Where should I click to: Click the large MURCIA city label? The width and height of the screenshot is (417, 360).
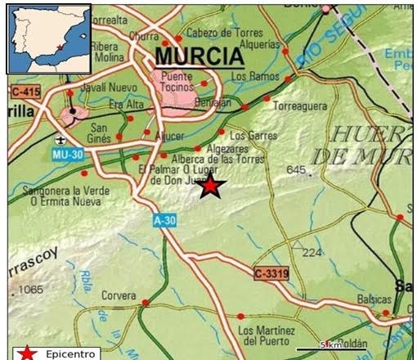click(200, 56)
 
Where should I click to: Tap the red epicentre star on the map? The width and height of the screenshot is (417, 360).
click(211, 187)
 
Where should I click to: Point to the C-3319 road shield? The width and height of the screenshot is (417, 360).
click(271, 273)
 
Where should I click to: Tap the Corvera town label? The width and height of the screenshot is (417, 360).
click(119, 295)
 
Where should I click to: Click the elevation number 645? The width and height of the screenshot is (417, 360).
click(296, 170)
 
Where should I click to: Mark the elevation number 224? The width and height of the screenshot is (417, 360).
click(312, 253)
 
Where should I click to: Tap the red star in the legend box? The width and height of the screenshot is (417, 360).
click(28, 353)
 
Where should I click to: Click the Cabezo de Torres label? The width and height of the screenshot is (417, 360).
click(216, 32)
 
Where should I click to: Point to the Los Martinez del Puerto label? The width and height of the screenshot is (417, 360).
click(265, 335)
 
